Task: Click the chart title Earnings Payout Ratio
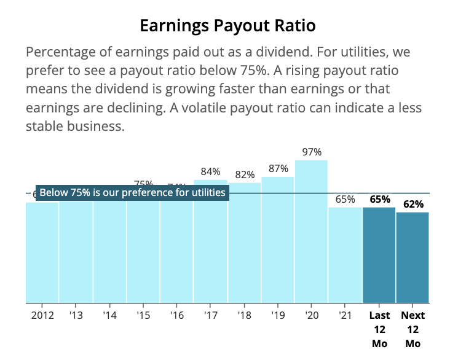(x=227, y=26)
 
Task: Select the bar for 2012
(x=42, y=252)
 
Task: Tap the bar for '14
(x=109, y=252)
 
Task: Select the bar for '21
(x=345, y=255)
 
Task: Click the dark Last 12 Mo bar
(x=379, y=255)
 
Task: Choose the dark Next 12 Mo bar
(x=412, y=258)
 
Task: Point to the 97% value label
(x=312, y=152)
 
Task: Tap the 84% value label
(x=211, y=171)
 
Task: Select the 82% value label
(x=244, y=174)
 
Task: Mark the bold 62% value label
(x=413, y=204)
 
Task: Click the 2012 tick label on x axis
(x=42, y=316)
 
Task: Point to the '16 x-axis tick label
(x=177, y=316)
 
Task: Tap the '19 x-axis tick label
(x=278, y=316)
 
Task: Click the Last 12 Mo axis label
(x=379, y=329)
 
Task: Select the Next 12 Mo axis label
(x=412, y=329)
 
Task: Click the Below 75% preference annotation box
(x=132, y=193)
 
